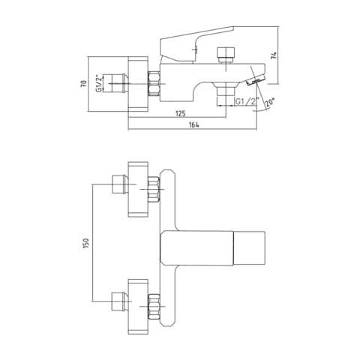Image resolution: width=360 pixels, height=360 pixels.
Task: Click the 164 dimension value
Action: click(194, 124)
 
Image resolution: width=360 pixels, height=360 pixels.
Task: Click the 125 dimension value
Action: click(181, 113)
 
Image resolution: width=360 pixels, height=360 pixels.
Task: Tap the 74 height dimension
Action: click(274, 55)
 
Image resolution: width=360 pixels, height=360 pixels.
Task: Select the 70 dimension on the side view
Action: click(84, 83)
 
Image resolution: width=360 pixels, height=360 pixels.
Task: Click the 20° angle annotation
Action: click(270, 103)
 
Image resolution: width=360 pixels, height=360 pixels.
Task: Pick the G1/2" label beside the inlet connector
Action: click(100, 83)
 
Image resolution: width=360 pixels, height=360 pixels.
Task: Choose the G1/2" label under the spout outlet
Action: click(247, 101)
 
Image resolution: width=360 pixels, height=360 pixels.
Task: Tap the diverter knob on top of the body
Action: click(226, 55)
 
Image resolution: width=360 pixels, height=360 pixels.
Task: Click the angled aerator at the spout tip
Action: click(256, 80)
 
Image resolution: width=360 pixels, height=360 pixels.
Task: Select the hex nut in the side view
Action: click(154, 83)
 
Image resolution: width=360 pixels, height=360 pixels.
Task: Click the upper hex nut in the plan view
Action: click(154, 189)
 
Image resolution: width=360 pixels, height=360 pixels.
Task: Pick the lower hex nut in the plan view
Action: click(154, 307)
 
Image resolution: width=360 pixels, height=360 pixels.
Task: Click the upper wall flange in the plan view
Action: click(138, 189)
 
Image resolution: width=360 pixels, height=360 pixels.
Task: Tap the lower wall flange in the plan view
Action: click(138, 307)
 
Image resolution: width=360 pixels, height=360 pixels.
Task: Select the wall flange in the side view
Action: click(138, 84)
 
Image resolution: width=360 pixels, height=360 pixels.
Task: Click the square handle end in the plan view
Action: click(249, 248)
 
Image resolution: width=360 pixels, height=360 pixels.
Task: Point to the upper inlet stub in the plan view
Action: click(120, 184)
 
